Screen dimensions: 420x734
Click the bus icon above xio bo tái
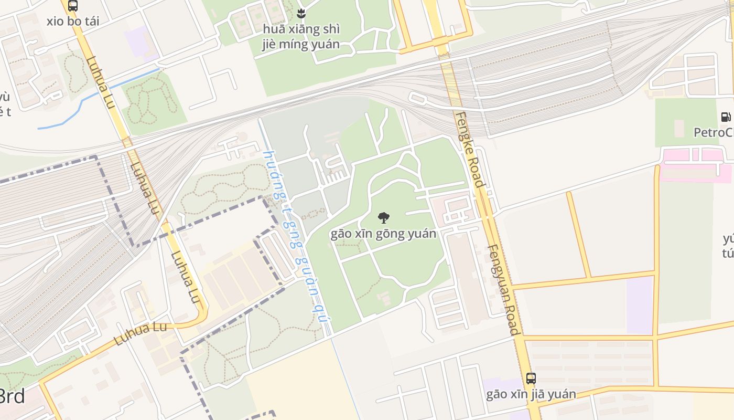pos(73,6)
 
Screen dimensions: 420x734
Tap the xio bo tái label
pos(72,22)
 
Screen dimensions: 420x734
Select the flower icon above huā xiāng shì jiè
pos(301,13)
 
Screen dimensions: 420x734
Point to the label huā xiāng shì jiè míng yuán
pos(301,37)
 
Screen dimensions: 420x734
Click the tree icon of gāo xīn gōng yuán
pos(384,217)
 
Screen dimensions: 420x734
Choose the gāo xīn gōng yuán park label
pos(383,234)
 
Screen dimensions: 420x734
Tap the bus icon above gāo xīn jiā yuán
pos(531,378)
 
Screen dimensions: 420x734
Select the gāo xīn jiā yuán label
pos(531,394)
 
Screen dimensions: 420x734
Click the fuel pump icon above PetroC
pos(726,117)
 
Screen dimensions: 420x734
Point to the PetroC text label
pos(713,132)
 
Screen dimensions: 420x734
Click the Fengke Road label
pos(469,150)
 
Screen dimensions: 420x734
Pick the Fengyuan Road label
pos(503,289)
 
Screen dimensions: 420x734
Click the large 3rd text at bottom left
pos(12,396)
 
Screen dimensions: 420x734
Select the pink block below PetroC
pos(695,164)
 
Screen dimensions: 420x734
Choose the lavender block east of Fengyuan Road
pos(640,304)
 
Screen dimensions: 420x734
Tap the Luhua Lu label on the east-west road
pos(140,334)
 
